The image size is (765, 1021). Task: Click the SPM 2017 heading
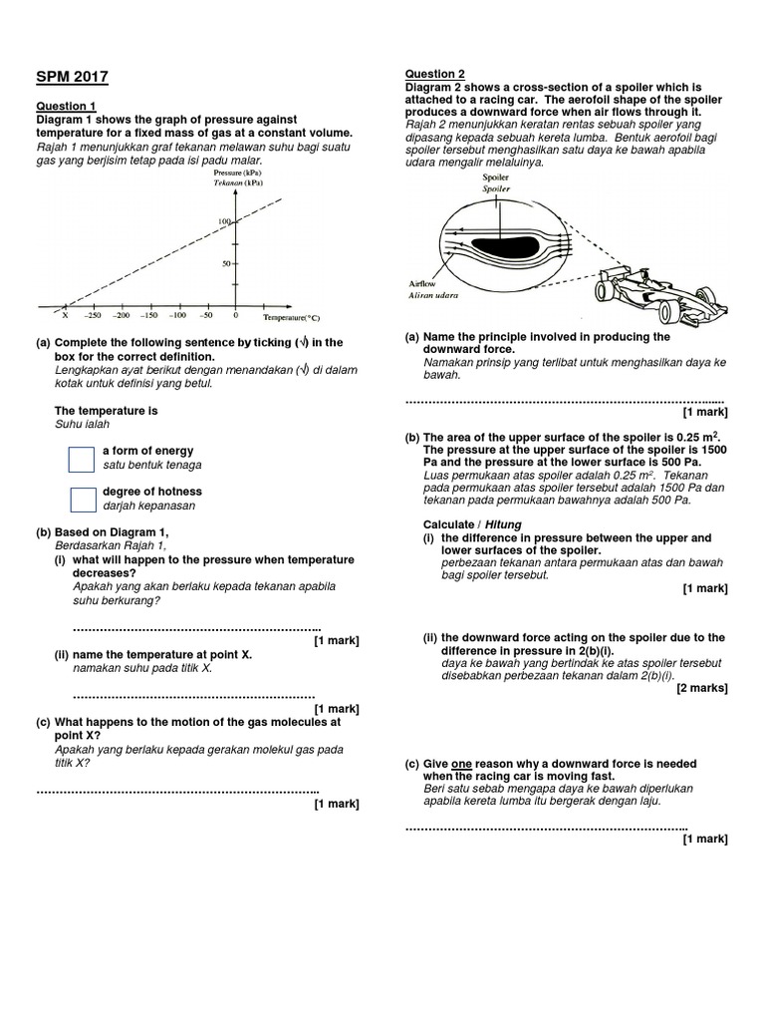click(x=73, y=77)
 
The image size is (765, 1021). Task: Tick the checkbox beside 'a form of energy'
click(x=81, y=459)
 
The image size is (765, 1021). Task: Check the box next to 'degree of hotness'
click(x=81, y=499)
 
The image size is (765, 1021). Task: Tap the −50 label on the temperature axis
click(x=207, y=315)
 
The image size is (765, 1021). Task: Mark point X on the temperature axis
click(x=66, y=315)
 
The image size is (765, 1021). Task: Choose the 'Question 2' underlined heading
click(x=434, y=74)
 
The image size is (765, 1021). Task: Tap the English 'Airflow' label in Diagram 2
click(x=421, y=283)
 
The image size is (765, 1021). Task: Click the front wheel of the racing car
click(x=607, y=291)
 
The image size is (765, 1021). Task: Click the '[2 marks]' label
click(x=702, y=688)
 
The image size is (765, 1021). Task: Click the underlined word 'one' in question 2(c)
click(x=461, y=764)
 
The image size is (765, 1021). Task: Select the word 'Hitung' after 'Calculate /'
click(x=503, y=524)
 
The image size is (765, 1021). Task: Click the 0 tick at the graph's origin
click(x=236, y=315)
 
